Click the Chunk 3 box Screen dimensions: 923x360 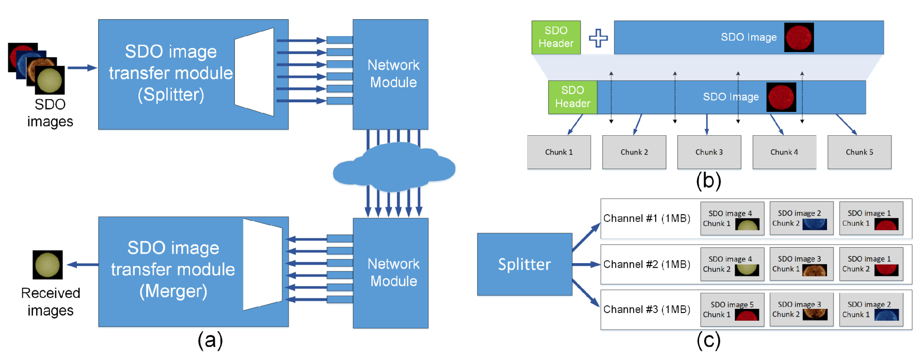[x=709, y=152]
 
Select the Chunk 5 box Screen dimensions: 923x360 [x=859, y=152]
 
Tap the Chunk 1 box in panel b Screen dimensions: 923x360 [x=559, y=152]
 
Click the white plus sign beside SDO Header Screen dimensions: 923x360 [x=598, y=38]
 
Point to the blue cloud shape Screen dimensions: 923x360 [x=394, y=167]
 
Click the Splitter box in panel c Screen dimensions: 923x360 [x=525, y=264]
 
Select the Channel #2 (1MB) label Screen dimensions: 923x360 [x=647, y=264]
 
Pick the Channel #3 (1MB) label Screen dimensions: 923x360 [x=647, y=309]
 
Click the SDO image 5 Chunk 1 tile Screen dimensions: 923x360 [x=732, y=309]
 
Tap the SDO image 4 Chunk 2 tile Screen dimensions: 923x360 [x=732, y=264]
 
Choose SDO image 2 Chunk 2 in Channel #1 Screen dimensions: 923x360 [x=801, y=218]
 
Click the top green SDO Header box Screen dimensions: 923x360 [x=556, y=37]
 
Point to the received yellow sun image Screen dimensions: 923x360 [x=48, y=265]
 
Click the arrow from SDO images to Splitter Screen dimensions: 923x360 [x=82, y=68]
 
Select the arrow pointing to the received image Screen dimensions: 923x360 [x=83, y=265]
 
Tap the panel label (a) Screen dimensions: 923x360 [x=210, y=340]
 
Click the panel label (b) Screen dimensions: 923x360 [x=708, y=180]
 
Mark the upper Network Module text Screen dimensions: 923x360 [x=393, y=74]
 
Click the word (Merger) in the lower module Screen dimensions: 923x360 [x=173, y=291]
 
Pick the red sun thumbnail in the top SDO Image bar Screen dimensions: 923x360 [x=799, y=37]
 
